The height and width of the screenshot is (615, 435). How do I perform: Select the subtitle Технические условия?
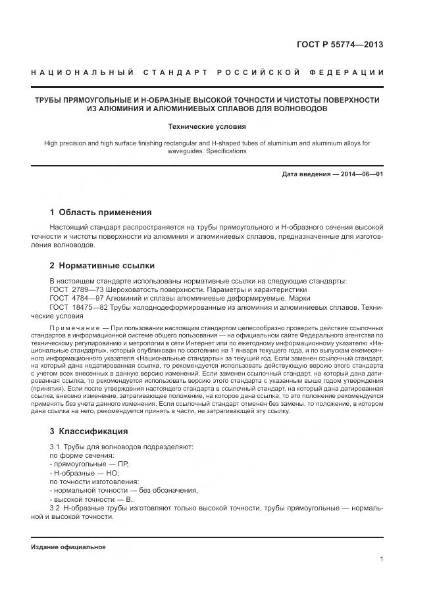tap(207, 126)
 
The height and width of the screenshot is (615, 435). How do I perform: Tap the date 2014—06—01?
tap(361, 174)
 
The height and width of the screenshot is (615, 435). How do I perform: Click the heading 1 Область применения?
tap(101, 212)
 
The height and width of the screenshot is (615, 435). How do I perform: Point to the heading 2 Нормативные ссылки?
tap(102, 266)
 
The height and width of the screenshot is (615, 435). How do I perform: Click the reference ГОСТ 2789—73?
tap(72, 289)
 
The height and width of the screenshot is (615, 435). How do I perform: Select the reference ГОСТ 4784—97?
tap(72, 298)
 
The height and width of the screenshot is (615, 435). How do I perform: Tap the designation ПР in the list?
tap(123, 464)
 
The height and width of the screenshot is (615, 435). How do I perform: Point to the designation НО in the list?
tap(112, 472)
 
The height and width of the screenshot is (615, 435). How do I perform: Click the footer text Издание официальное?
tap(68, 547)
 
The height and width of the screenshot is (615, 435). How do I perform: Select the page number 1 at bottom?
tap(382, 559)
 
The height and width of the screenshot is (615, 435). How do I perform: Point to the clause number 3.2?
tap(55, 508)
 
